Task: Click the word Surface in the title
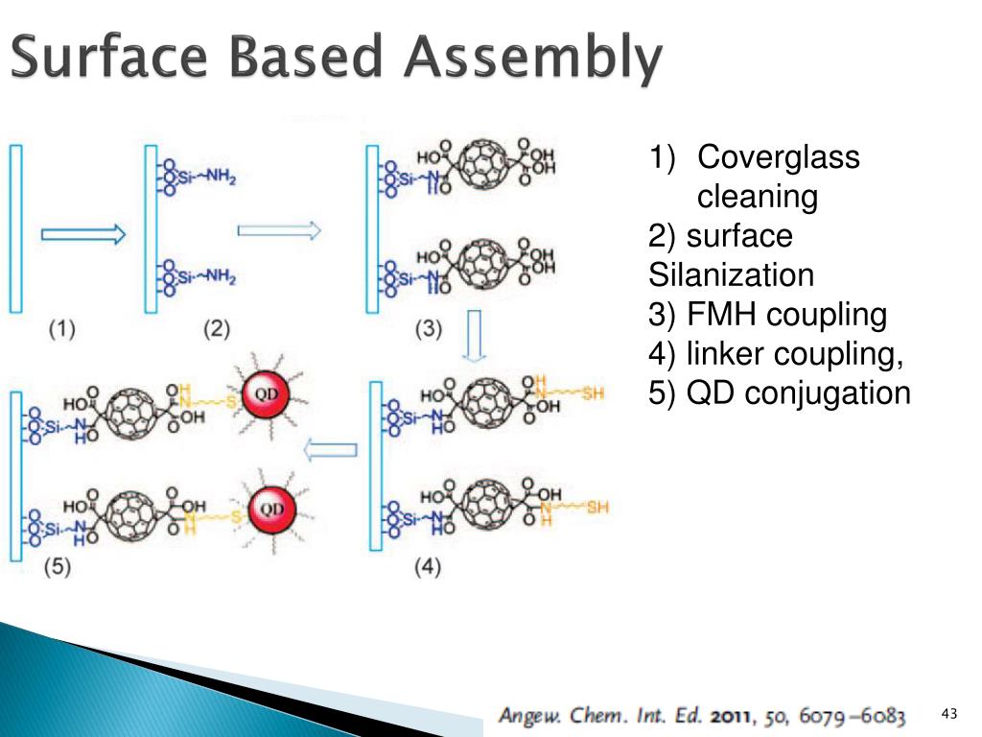106,59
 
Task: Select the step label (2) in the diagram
217,329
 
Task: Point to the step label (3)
428,329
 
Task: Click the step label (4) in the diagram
428,567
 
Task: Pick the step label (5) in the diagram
58,567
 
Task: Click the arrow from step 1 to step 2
83,234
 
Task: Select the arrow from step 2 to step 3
278,230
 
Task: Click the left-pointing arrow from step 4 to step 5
331,449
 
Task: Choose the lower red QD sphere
272,508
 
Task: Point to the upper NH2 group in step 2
219,178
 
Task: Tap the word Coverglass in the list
778,157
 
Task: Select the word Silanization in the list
731,275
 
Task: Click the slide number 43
949,713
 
